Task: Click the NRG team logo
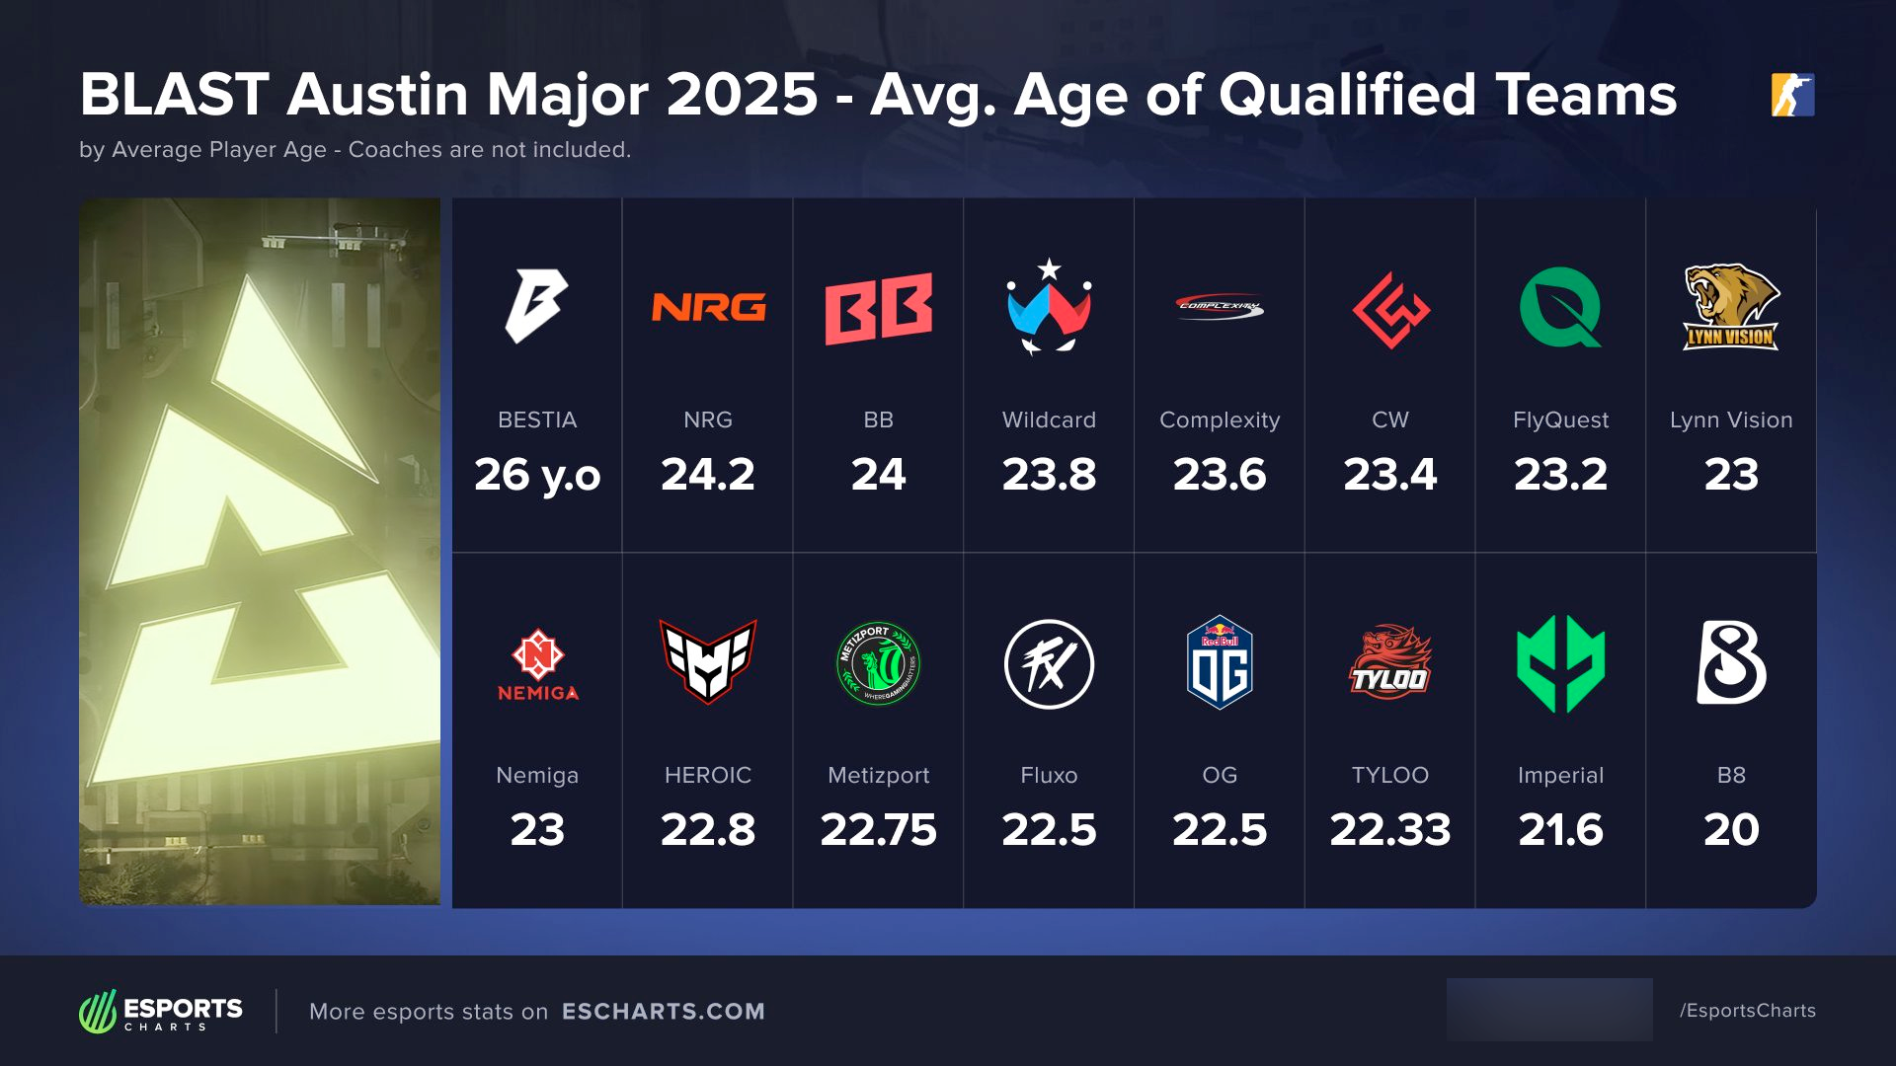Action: [x=708, y=308]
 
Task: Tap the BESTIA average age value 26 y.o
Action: [x=537, y=475]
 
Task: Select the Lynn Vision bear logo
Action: [x=1731, y=307]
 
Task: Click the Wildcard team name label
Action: [x=1049, y=419]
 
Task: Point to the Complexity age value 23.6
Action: [x=1220, y=475]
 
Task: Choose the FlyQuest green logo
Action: [x=1560, y=308]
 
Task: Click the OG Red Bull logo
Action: [x=1220, y=662]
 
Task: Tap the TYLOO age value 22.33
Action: [x=1389, y=830]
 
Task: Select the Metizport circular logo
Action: [x=879, y=663]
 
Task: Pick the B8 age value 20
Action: [x=1731, y=830]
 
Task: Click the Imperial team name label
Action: [x=1560, y=775]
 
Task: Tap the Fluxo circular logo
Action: [x=1049, y=663]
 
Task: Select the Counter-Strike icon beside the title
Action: [x=1792, y=95]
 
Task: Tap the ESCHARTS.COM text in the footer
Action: [x=664, y=1012]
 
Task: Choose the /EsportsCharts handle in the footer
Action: [x=1748, y=1011]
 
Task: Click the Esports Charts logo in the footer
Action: [x=161, y=1012]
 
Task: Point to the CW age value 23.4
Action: [x=1389, y=475]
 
